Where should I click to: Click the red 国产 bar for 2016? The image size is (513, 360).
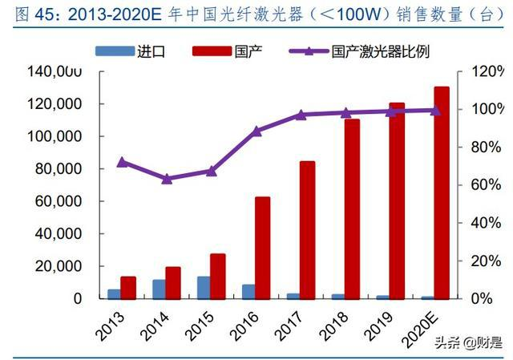point(263,247)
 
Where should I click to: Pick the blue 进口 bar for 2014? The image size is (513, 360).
point(160,289)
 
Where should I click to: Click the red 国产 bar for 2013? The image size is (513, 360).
point(128,287)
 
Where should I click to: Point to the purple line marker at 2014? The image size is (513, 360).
point(166,179)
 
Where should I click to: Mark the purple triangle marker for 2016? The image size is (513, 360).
point(256,131)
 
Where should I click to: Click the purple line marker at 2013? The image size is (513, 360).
point(122,162)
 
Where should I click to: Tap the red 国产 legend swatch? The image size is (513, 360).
point(211,51)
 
